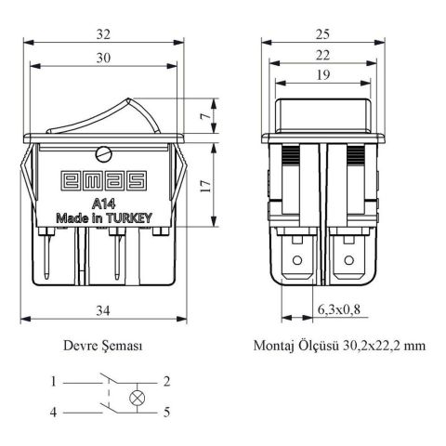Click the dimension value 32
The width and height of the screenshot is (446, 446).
[103, 34]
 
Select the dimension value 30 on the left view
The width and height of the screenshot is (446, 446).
[103, 58]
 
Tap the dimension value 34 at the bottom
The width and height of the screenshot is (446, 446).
[103, 310]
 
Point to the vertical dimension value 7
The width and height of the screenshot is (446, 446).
[204, 116]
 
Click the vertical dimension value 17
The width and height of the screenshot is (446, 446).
[205, 185]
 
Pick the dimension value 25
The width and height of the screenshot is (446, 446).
[322, 34]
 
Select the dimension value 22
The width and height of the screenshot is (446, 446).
[322, 56]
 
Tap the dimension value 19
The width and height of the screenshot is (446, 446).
[322, 75]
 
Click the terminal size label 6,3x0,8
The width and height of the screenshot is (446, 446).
[339, 309]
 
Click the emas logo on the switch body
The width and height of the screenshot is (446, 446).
[103, 181]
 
